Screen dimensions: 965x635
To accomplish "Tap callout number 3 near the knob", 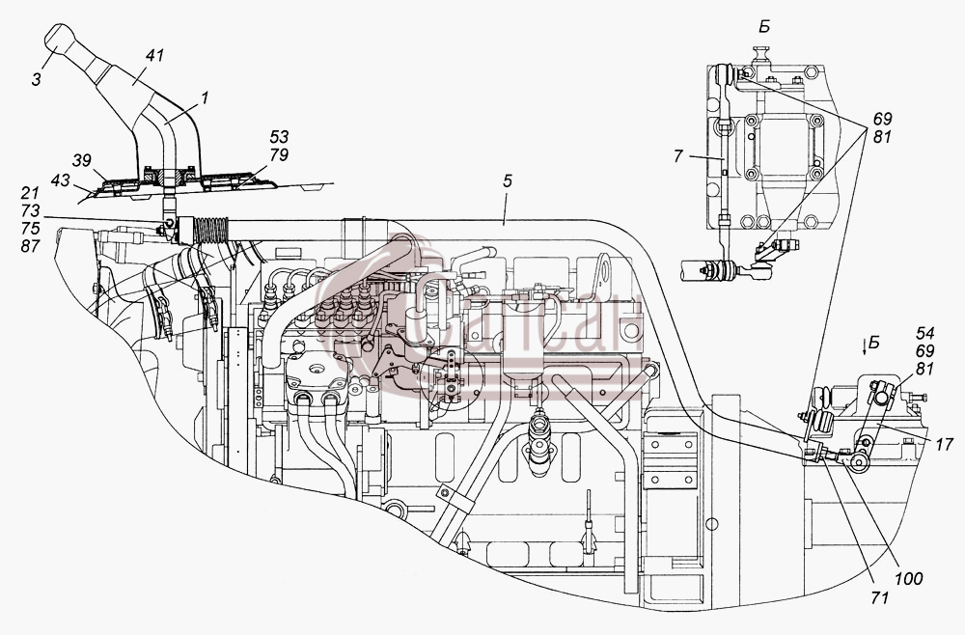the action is (x=37, y=79).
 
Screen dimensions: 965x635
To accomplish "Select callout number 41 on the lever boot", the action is (x=154, y=56).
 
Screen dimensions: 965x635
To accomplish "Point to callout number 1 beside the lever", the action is (x=204, y=97).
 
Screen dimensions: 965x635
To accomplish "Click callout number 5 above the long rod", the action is (x=507, y=180).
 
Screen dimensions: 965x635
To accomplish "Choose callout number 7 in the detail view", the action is (x=678, y=157).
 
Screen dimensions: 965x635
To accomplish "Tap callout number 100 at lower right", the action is (x=909, y=578).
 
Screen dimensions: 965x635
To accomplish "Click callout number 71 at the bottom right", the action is (x=879, y=596).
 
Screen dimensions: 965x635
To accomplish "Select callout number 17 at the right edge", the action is (x=944, y=444).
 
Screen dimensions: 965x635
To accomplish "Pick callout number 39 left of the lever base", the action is (x=82, y=161).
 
